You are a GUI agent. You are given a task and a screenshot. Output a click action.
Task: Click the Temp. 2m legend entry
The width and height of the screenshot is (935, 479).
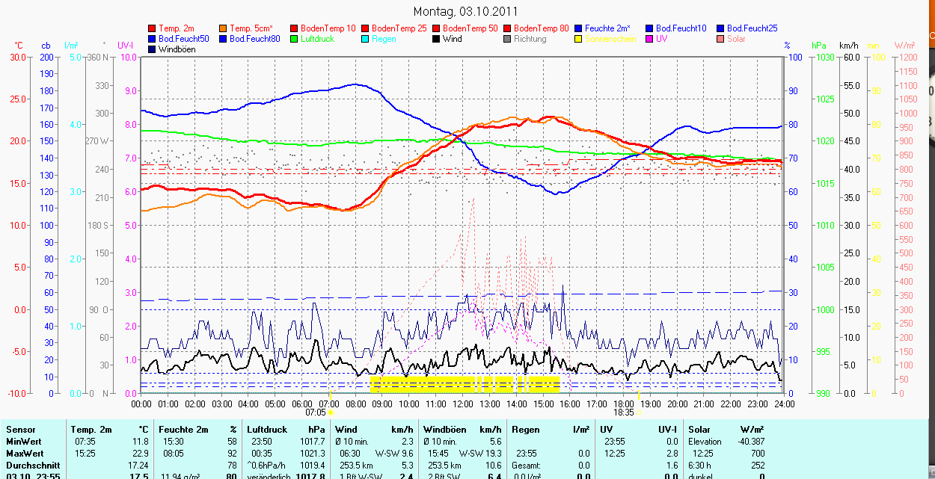[177, 28]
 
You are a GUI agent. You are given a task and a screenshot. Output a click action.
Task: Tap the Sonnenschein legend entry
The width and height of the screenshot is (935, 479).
[610, 39]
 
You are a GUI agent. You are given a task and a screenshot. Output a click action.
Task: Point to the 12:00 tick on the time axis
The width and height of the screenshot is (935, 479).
[463, 404]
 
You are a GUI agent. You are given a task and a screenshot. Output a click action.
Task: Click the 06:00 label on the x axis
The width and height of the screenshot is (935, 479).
[302, 404]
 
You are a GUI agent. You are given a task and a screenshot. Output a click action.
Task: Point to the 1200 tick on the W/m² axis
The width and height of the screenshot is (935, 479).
[906, 58]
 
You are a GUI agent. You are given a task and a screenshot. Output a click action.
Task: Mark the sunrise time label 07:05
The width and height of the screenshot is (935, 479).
[316, 412]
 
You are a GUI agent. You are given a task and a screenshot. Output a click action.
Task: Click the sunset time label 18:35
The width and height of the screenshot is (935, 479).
[624, 412]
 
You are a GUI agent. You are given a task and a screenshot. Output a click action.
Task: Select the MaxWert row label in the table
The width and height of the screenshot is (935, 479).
[25, 454]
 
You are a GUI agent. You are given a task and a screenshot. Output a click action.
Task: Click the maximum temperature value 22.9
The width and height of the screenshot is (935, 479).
[140, 454]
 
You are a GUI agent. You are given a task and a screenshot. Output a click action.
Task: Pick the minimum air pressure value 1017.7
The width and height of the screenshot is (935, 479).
[312, 442]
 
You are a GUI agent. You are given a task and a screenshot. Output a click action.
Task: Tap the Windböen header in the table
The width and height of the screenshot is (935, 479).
[445, 430]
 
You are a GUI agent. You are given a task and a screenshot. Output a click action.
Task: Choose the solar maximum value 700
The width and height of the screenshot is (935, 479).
[757, 454]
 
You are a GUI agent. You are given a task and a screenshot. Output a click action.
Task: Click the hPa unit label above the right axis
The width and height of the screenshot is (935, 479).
[820, 46]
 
